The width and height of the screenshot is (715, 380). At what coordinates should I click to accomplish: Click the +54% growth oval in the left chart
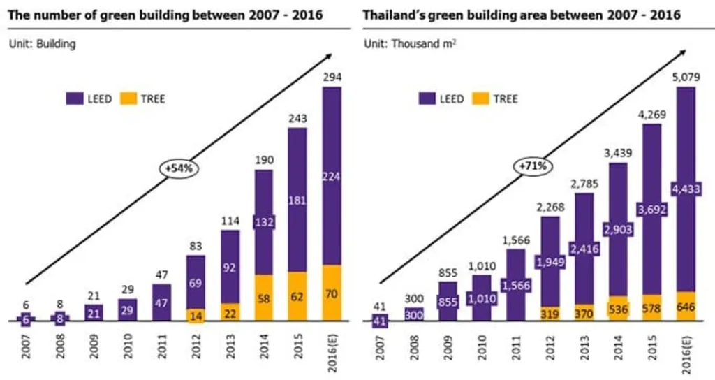(179, 168)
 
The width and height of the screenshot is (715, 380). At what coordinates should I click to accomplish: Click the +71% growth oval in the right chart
(533, 166)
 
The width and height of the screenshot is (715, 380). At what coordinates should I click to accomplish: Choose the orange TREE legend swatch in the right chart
(480, 98)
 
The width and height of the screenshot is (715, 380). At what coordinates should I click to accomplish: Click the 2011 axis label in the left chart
(161, 346)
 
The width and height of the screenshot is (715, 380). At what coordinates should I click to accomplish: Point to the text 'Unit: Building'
(42, 44)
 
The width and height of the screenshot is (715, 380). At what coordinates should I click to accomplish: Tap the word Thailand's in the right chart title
(392, 15)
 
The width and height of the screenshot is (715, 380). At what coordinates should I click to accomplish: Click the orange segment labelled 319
(550, 314)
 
